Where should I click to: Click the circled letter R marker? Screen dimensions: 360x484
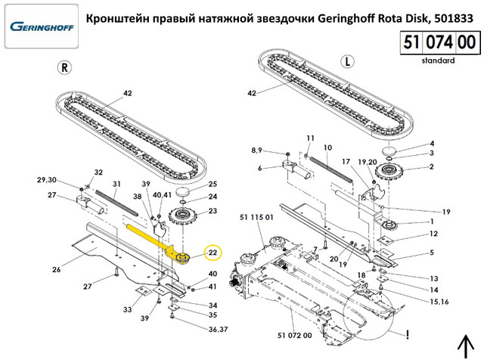(x=64, y=67)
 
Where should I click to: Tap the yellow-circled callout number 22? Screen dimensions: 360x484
(x=213, y=253)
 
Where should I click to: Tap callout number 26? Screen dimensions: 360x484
(x=55, y=270)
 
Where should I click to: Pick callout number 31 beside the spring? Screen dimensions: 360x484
(x=117, y=184)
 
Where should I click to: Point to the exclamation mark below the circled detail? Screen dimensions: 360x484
(x=409, y=332)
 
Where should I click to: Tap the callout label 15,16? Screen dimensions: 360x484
(x=439, y=302)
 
